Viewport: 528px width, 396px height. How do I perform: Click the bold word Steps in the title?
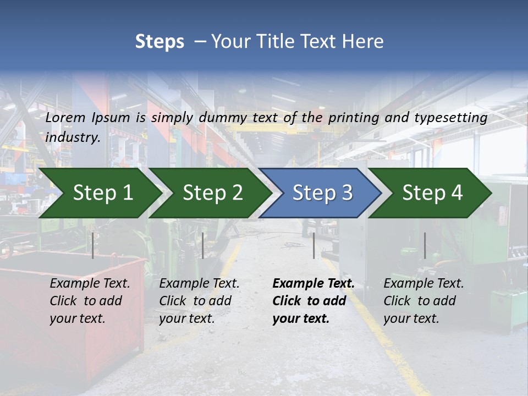point(159,42)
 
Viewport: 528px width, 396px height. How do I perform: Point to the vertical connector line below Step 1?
point(93,245)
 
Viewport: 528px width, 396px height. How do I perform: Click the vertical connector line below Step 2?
point(203,245)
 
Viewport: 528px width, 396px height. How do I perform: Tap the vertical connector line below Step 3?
point(313,245)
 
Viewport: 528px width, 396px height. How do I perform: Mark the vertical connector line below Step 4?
point(425,245)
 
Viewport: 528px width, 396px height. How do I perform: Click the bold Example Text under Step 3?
point(313,284)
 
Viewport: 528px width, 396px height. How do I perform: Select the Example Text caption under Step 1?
point(90,284)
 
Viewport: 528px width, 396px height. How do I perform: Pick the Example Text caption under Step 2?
point(199,284)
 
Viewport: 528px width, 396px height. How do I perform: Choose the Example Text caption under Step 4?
point(424,284)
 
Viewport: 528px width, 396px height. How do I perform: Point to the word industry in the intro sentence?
point(72,137)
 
